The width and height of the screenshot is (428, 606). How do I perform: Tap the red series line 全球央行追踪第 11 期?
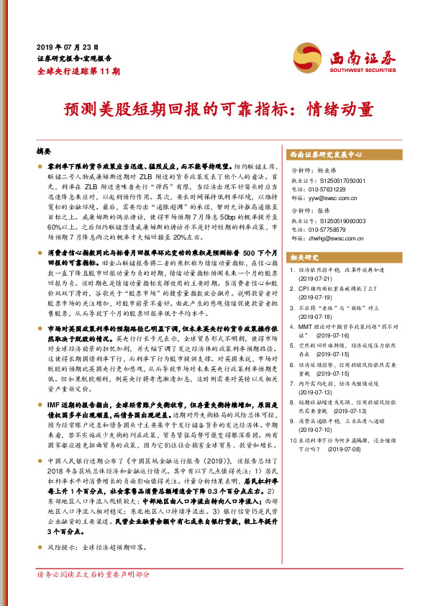(78, 72)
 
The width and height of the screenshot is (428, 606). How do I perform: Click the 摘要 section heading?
(45, 153)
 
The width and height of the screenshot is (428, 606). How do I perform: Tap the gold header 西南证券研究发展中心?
(325, 155)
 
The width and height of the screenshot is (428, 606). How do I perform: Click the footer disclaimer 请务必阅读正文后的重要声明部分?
(94, 595)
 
